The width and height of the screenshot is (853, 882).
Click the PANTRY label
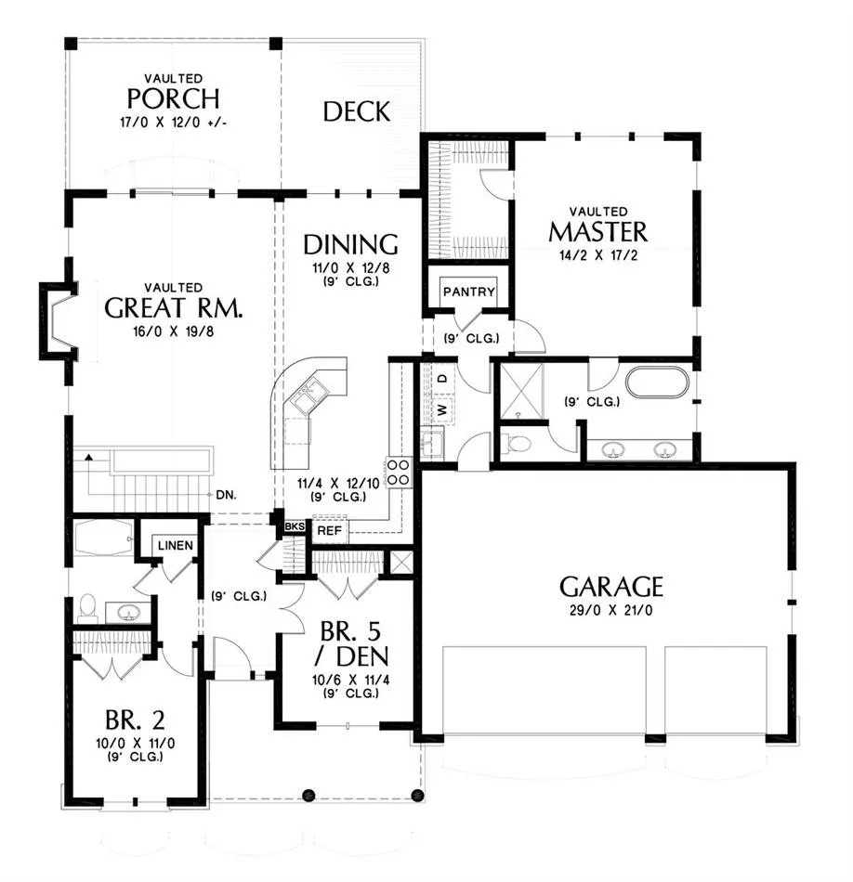click(x=469, y=292)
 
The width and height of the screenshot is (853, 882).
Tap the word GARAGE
click(x=611, y=586)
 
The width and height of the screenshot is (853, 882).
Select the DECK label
click(x=357, y=111)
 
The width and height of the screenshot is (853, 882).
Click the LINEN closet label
click(x=175, y=545)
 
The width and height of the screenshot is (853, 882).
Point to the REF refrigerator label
click(x=329, y=530)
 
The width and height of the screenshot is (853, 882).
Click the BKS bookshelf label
click(x=295, y=526)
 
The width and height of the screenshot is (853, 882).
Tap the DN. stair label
click(x=227, y=495)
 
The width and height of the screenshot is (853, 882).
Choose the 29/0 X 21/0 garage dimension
click(x=610, y=610)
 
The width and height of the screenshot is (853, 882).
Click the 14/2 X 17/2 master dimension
click(x=598, y=255)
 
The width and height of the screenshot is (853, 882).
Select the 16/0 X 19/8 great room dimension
click(x=174, y=331)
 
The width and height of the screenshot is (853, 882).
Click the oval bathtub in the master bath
click(x=658, y=383)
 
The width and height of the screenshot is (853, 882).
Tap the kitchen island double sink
click(x=306, y=394)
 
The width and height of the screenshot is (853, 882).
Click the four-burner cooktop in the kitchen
click(x=399, y=473)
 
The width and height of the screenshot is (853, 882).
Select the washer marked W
click(x=442, y=409)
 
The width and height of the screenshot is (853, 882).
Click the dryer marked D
click(x=442, y=379)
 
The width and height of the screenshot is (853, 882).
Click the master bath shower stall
click(x=521, y=390)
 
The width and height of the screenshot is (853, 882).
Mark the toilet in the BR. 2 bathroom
click(x=87, y=607)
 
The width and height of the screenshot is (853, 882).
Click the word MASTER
click(x=598, y=232)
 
